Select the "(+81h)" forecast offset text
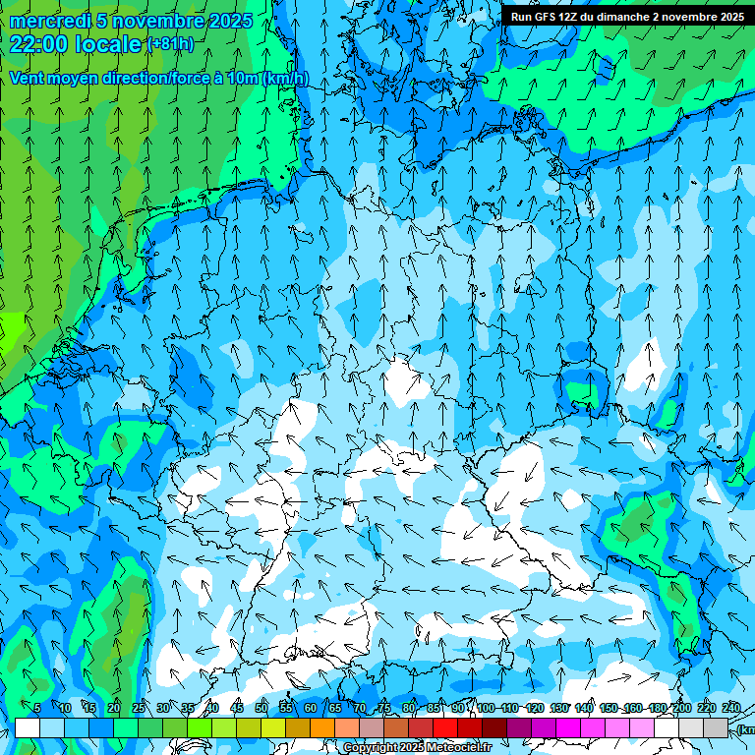(170, 44)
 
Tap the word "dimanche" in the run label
(625, 17)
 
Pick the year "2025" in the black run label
(727, 17)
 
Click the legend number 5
(37, 708)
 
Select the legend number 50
(261, 708)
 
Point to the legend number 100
(485, 708)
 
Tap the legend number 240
(731, 708)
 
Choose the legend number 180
(657, 708)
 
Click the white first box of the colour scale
(28, 727)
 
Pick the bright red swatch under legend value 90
(445, 727)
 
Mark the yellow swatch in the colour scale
(273, 727)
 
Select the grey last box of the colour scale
(716, 727)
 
